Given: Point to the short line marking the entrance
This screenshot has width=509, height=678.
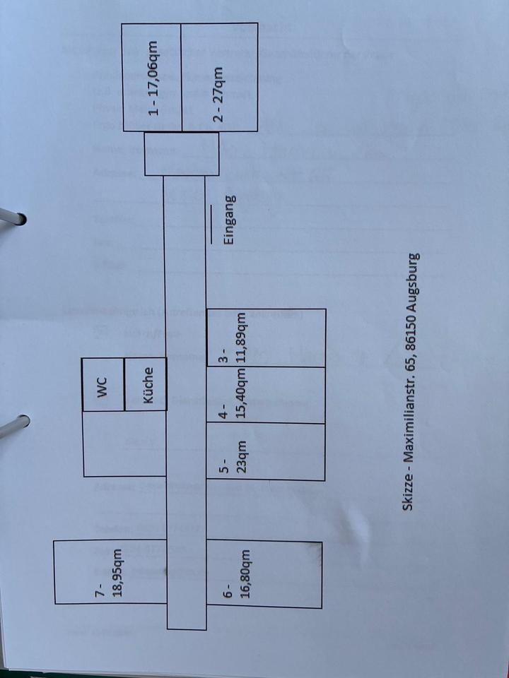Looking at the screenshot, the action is (211, 225).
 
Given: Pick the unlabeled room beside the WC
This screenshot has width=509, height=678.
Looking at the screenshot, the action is (104, 444).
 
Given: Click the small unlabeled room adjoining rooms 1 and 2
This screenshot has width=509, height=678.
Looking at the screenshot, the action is (182, 154).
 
